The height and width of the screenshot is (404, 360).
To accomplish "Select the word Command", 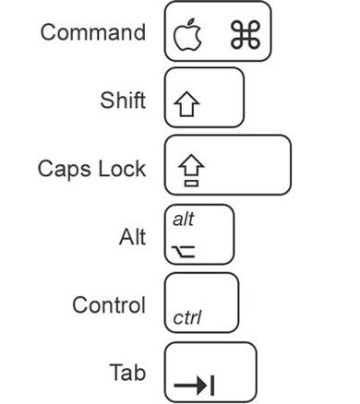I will point(92,33).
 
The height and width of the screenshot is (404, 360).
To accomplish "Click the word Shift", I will point(122,100).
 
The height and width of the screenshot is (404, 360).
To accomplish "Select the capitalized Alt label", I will point(133,237).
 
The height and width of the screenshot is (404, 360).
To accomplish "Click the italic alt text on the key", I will point(185,220).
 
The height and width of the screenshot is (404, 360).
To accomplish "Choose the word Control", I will point(109,304).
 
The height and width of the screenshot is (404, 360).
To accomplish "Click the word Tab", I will point(127,373).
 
